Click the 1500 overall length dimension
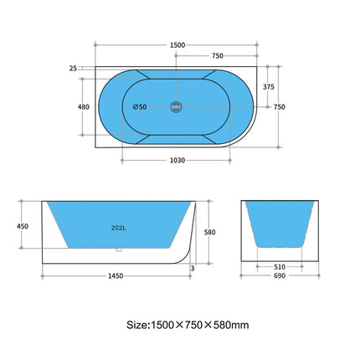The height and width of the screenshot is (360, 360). coord(177,44)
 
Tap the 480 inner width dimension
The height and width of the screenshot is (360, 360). coord(83,106)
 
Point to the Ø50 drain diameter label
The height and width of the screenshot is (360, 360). coord(141,106)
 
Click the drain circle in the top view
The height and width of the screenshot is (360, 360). coord(175,106)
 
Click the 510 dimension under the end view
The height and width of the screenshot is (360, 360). coord(279,267)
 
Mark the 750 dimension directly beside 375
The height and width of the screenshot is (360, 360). coord(280,106)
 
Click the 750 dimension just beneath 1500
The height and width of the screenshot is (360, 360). coord(216,55)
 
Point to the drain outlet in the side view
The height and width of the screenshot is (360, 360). coord(119,249)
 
